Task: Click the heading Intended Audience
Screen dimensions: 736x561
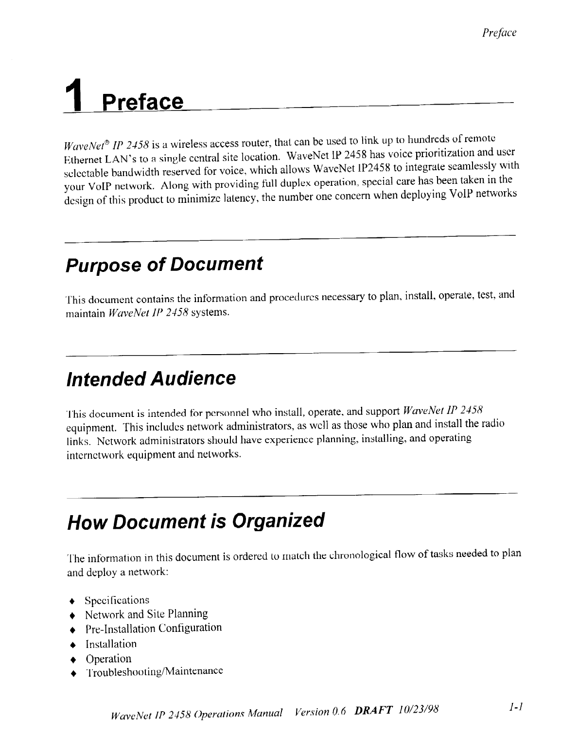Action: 150,378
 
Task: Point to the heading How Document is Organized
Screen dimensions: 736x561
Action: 195,521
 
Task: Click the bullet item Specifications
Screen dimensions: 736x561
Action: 117,600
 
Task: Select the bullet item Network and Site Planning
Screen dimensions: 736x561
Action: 146,614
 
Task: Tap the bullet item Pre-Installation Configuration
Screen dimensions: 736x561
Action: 154,628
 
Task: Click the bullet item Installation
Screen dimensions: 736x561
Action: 111,644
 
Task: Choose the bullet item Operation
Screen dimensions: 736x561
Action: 108,659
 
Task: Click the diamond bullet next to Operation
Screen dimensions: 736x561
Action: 73,660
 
